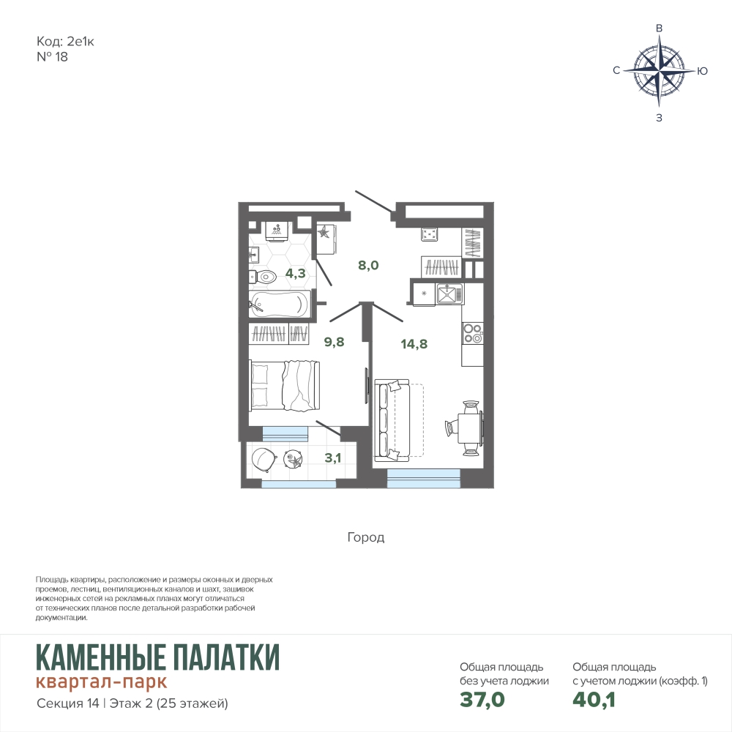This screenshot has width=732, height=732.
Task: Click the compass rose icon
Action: coord(659,70)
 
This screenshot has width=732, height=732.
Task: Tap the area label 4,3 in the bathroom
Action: coord(296,273)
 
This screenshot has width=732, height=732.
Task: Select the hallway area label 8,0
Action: coord(368,265)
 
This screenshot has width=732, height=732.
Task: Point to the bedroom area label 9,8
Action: coord(335,342)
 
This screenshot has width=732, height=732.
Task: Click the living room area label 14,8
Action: coord(414,344)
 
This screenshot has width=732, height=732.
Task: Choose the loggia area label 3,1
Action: coord(333,457)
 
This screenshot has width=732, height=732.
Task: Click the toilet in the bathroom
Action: coord(263,277)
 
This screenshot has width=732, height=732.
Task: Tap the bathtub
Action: coord(280,305)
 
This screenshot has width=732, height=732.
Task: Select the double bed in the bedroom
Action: coord(284,385)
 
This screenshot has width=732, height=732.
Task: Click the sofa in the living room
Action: coord(392,420)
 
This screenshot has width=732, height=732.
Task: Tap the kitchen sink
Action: coord(450,294)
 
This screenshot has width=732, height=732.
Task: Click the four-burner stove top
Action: coord(472,333)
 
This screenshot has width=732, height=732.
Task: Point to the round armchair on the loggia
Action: coord(264,459)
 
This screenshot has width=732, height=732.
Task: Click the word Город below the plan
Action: coord(366,538)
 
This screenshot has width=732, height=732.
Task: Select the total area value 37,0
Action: coord(482,700)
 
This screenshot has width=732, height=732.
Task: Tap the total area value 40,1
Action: coord(594,700)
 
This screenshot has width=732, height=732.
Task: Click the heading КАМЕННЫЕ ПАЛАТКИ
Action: coord(158,657)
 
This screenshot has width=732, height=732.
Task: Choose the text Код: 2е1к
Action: coord(65,42)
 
